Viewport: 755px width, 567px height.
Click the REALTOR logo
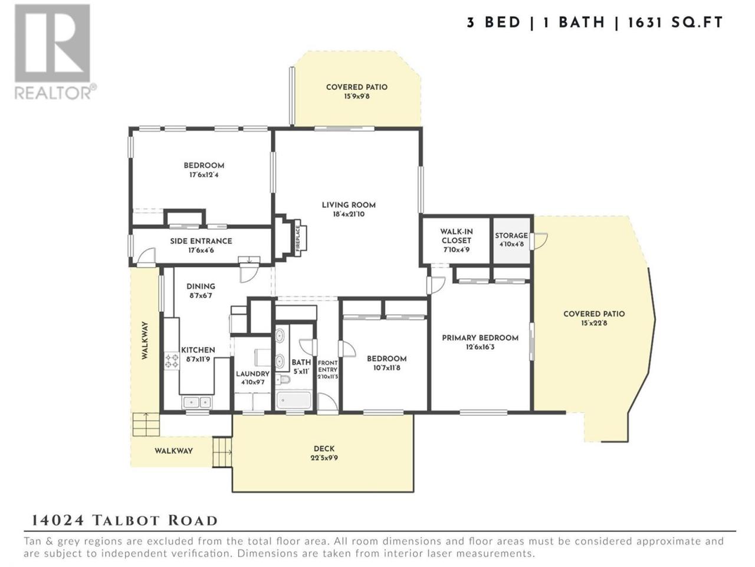[55, 51]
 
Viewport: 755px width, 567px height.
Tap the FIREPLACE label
[297, 238]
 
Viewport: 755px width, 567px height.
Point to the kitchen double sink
[196, 402]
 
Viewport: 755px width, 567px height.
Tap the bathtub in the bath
[294, 400]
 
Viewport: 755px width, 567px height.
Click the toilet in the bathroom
[284, 380]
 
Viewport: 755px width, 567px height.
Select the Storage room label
[511, 236]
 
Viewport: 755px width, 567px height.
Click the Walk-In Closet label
[456, 236]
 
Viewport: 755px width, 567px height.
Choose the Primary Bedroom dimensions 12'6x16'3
[480, 347]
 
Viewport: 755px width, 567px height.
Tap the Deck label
[324, 448]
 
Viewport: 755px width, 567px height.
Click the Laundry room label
[252, 374]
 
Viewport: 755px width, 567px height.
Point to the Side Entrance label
[201, 241]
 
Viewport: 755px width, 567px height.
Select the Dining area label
[201, 286]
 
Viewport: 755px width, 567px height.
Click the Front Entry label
[327, 366]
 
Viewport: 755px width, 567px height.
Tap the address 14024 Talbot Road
[124, 520]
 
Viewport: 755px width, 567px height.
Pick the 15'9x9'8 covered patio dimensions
[357, 96]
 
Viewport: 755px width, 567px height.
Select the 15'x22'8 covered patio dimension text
[594, 323]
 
